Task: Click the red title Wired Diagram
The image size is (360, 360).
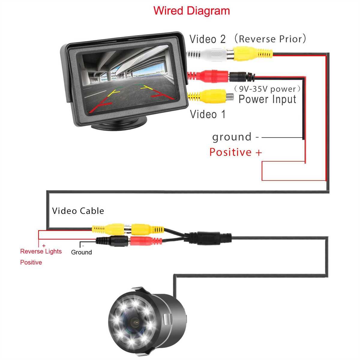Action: pos(191,11)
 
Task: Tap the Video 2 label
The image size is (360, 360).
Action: pos(207,39)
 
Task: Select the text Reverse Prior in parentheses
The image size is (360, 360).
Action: pos(270,39)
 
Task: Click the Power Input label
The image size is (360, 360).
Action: pos(267,99)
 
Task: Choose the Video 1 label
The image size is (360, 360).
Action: pos(208,114)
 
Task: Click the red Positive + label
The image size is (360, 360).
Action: pos(235,152)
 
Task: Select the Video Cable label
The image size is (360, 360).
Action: pos(78,211)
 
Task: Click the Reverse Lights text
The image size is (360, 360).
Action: pos(41,251)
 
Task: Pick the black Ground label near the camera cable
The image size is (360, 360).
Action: pos(81,252)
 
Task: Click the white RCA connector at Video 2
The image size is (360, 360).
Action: pos(210,54)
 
